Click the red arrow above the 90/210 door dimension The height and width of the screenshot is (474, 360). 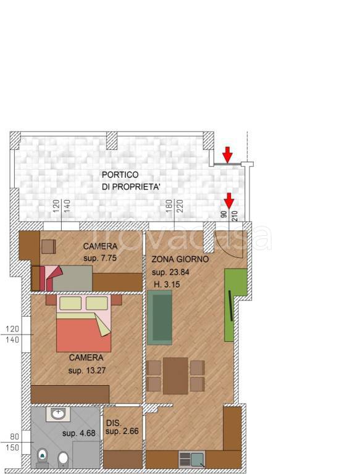[x=229, y=201]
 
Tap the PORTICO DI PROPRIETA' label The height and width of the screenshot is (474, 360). [x=131, y=181]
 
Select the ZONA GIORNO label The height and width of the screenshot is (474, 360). [x=180, y=259]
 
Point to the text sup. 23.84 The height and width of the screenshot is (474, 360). [x=170, y=272]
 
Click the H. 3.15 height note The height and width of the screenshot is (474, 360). [x=167, y=284]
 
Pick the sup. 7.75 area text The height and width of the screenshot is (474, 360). [x=100, y=258]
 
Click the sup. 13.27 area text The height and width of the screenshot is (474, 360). [x=87, y=370]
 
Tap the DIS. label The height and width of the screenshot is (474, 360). [x=114, y=423]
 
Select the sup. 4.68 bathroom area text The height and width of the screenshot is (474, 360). [x=78, y=433]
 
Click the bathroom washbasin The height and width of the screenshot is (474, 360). [x=58, y=414]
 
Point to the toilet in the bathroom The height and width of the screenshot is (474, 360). [x=42, y=458]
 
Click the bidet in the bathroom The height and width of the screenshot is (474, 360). [x=63, y=458]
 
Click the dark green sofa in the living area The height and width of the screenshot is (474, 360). [x=160, y=317]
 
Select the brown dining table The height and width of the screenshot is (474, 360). [x=175, y=376]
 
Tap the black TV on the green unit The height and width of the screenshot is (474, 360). [x=230, y=306]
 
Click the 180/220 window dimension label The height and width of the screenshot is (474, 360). [x=174, y=206]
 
